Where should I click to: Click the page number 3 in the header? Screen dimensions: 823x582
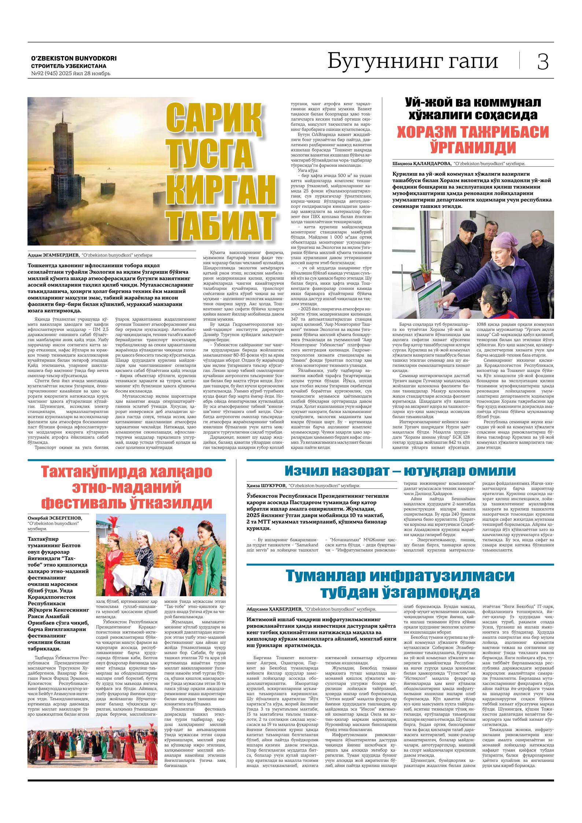(x=543, y=62)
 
